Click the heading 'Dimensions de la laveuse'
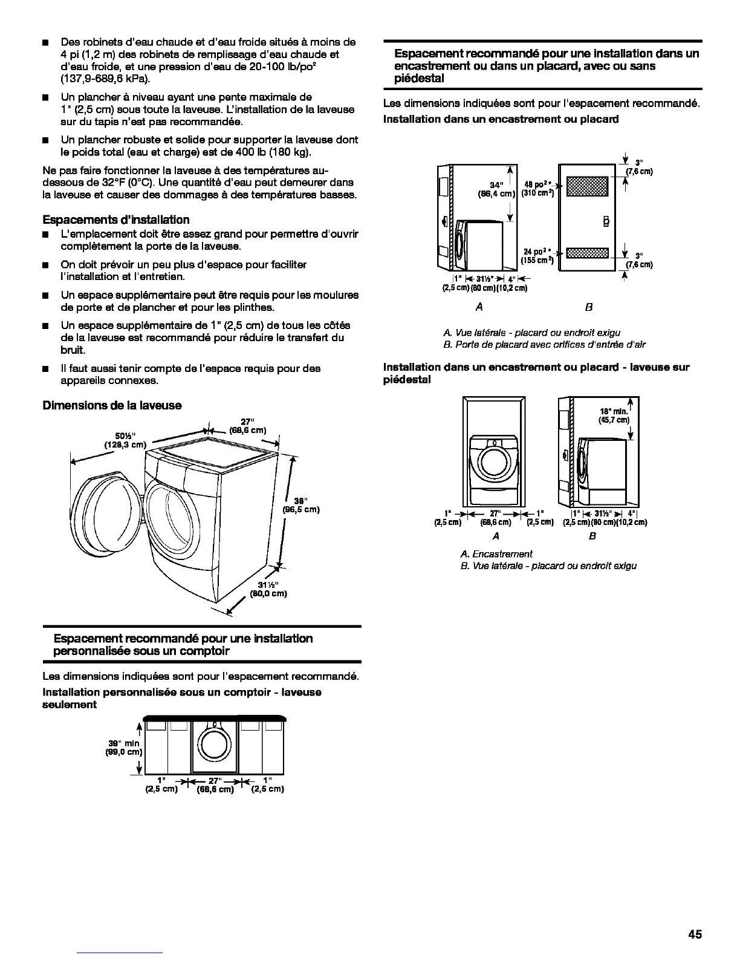tap(112, 405)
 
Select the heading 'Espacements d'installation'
tap(116, 220)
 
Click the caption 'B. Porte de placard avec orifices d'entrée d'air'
tap(544, 345)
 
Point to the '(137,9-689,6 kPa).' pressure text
tap(106, 79)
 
